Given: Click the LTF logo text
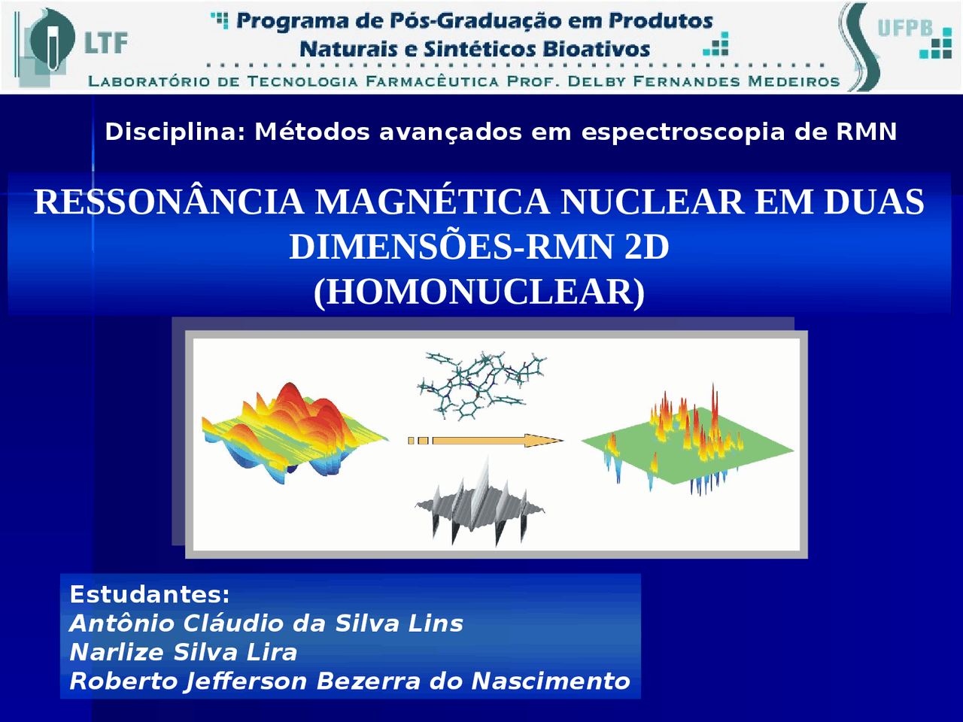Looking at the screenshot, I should pos(105,43).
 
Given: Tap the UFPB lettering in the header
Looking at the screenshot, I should pos(905,29).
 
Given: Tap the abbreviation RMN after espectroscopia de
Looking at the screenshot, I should pos(866,132).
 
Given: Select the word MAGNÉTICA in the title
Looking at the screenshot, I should pos(432,202).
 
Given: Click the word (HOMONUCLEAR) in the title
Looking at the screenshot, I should pos(479,292).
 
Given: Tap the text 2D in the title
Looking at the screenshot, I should pos(647,247).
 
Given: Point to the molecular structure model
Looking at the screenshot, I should pos(481,384).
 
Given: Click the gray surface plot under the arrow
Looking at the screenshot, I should pos(480,507).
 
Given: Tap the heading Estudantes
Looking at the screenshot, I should pos(149,594).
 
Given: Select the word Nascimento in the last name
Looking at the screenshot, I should pos(550,681).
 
